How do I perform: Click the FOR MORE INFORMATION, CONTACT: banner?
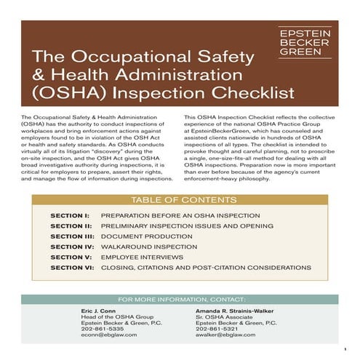[180, 299]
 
